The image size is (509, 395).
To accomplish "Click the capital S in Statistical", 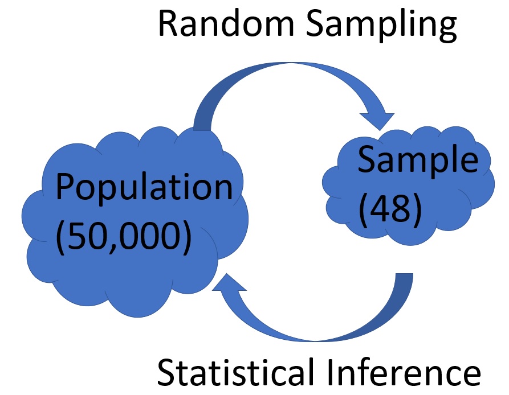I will click(166, 373).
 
